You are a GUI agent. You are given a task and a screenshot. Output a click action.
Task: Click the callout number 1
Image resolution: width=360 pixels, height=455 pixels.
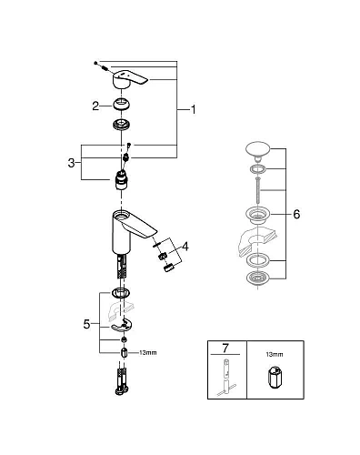tap(193, 109)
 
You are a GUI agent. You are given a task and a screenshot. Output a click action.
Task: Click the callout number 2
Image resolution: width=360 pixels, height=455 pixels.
tap(95, 106)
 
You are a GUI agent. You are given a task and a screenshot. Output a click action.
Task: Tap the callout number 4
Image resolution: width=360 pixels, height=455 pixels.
tap(185, 246)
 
